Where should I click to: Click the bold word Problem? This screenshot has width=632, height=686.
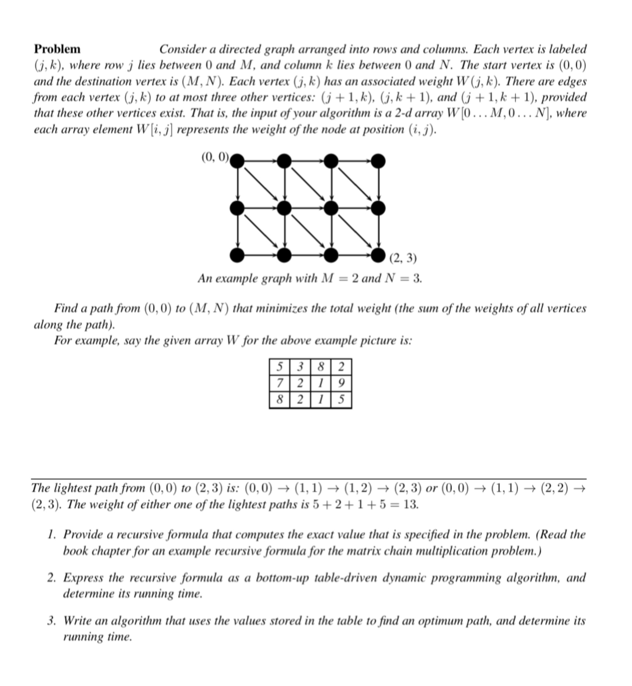click(57, 49)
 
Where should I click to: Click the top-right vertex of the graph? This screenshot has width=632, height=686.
click(378, 161)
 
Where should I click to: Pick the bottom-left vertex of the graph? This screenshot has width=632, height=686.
click(237, 255)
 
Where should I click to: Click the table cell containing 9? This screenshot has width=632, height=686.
click(341, 383)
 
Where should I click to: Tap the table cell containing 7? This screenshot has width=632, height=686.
click(279, 383)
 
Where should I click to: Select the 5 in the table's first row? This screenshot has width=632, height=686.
click(279, 367)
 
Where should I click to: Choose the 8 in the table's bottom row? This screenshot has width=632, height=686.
click(279, 399)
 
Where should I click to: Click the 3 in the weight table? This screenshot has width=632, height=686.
click(300, 367)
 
